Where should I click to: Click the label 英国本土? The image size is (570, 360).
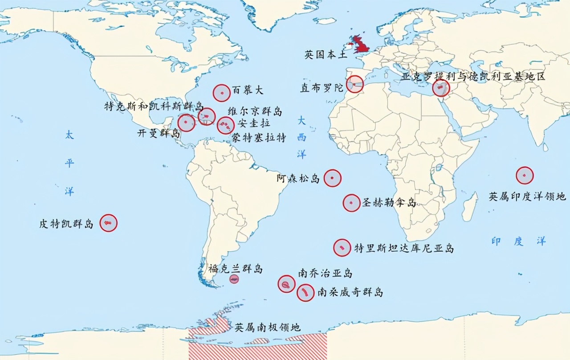[x=326, y=55]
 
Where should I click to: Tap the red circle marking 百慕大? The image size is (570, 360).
[x=222, y=93]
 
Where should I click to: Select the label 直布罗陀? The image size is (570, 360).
[x=322, y=88]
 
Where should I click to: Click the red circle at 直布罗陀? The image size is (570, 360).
[x=354, y=84]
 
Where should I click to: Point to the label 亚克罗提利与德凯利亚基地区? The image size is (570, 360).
[x=473, y=77]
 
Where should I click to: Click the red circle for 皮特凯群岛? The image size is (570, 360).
[x=108, y=222]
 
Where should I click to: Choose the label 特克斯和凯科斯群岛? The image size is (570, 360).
[x=154, y=107]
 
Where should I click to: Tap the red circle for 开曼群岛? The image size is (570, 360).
[x=186, y=123]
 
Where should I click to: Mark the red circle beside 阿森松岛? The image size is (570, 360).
[x=332, y=178]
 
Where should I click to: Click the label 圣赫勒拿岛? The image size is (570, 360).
[x=389, y=203]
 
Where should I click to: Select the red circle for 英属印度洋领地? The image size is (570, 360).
[x=525, y=176]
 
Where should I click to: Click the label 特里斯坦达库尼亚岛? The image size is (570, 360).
[x=404, y=248]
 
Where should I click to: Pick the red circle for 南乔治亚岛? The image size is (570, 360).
[x=286, y=284]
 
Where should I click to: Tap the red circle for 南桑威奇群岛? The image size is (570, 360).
[x=305, y=293]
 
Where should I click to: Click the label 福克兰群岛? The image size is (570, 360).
[x=236, y=269]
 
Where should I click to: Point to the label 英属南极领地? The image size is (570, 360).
[x=268, y=327]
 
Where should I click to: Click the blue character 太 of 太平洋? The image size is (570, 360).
[x=69, y=135]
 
